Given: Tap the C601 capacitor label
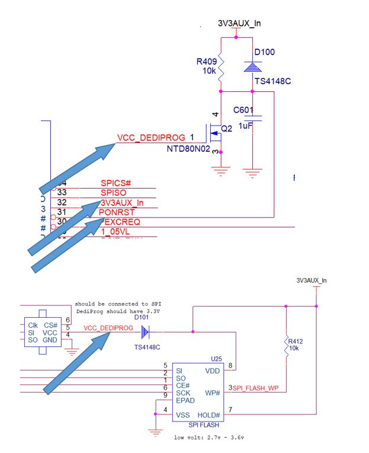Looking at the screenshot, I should (x=243, y=110).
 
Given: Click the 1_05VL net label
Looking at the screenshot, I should (x=117, y=232).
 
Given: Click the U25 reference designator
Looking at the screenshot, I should (x=216, y=359).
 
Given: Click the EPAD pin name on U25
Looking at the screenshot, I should (x=185, y=400).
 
